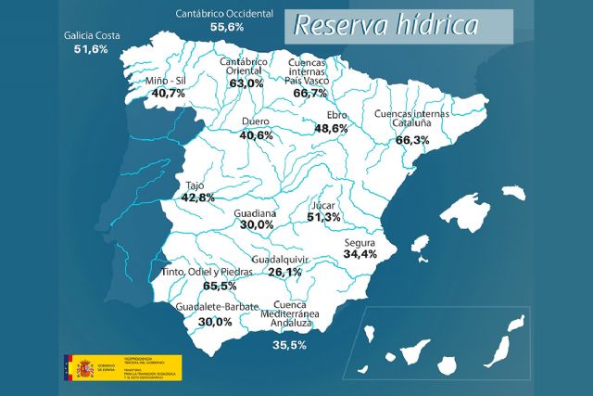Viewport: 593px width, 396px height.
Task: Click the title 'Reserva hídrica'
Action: pos(386,25)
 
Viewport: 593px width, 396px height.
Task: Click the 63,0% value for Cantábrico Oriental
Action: pos(246,83)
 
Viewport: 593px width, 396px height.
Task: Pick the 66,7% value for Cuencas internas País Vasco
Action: pos(309,93)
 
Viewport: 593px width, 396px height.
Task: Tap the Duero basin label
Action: pos(255,121)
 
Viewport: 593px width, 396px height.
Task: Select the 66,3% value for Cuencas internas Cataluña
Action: pos(412,140)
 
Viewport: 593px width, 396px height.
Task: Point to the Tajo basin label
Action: pos(195,185)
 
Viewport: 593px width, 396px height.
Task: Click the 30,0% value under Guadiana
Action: pos(257,224)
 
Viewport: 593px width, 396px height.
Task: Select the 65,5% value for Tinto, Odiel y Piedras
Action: pos(220,287)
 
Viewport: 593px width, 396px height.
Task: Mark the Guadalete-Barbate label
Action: pos(214,307)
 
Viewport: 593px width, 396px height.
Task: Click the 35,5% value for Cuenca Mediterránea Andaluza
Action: pos(290,345)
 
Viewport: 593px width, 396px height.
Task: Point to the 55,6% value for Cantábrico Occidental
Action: pos(227,28)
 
